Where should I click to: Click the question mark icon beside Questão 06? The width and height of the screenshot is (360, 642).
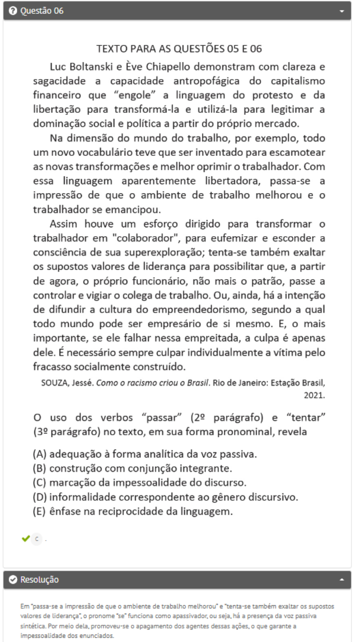(13, 11)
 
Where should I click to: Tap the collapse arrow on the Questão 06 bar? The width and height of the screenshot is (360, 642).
(342, 11)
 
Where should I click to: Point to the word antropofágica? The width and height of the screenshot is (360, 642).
(207, 81)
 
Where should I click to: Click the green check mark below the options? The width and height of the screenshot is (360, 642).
(26, 538)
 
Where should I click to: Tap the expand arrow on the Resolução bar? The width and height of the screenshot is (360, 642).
(342, 579)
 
